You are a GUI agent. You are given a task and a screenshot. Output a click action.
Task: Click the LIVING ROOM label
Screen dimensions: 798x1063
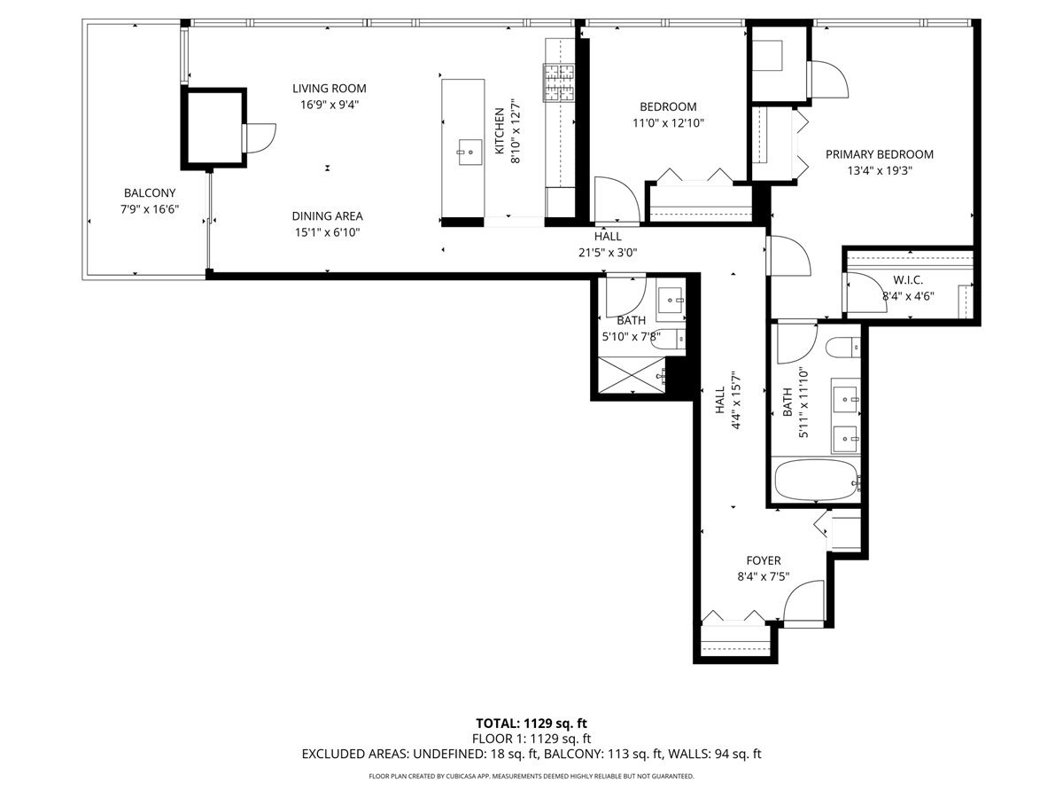330,89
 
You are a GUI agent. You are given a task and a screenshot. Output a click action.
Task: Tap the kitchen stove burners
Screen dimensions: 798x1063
558,84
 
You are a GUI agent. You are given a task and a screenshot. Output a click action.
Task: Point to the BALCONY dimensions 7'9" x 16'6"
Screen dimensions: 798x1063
150,209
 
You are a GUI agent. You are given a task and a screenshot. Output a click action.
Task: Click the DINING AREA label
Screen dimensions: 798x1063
328,215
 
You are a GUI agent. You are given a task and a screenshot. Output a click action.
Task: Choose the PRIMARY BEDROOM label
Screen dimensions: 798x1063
879,154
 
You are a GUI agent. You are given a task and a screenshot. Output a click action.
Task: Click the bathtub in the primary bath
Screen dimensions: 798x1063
816,481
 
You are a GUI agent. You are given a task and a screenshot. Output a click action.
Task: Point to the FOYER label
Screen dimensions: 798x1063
763,560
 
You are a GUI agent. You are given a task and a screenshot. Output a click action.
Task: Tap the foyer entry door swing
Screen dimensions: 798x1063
804,603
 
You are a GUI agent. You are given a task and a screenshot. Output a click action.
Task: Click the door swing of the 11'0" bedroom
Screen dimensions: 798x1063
614,199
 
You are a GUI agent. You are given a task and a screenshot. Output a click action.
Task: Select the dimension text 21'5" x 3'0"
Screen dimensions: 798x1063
608,252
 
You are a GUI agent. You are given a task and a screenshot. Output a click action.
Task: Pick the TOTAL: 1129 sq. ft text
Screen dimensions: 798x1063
531,722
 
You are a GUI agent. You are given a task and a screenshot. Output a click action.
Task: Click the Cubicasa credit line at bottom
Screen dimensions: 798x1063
531,776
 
